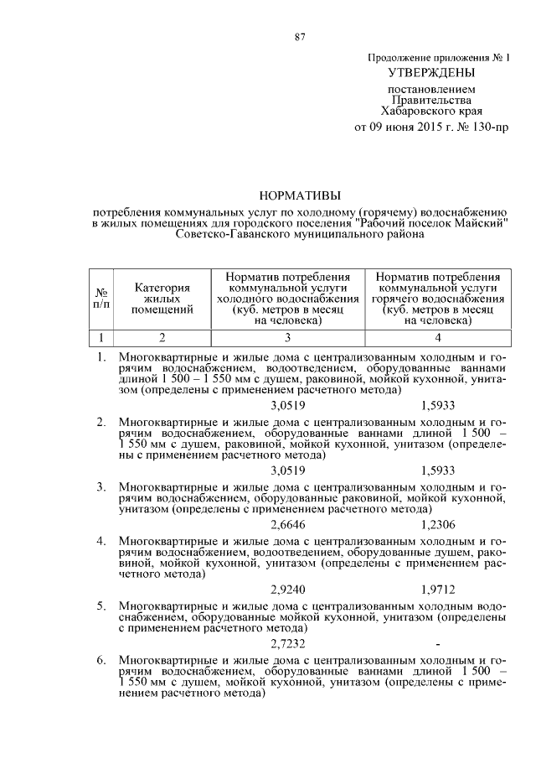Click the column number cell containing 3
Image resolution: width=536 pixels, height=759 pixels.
pos(286,338)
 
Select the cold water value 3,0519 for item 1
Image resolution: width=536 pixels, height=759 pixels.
pos(288,405)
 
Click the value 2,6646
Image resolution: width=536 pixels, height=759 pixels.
pos(288,524)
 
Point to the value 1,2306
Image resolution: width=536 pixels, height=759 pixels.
pos(438,524)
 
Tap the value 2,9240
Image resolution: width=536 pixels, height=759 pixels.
pos(288,590)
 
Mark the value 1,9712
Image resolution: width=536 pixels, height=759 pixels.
pos(438,590)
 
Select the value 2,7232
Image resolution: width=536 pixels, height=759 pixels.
pos(288,643)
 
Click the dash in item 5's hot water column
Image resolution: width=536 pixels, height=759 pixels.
pos(438,643)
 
